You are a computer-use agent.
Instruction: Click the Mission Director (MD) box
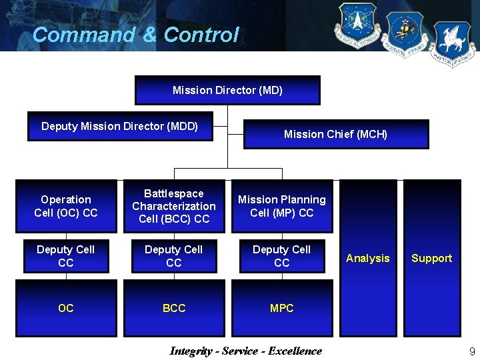(x=227, y=90)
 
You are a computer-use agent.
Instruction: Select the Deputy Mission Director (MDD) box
(x=120, y=127)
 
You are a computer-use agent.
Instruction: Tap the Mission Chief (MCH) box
(x=335, y=134)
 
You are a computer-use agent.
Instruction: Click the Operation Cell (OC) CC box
(x=66, y=206)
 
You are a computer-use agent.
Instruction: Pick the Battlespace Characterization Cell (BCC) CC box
(x=174, y=206)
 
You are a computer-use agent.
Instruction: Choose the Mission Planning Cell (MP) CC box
(x=282, y=206)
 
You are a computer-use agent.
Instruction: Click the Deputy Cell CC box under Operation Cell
(x=66, y=256)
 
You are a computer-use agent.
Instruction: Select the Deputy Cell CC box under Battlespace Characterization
(x=174, y=256)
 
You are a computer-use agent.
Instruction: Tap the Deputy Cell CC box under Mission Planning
(x=282, y=256)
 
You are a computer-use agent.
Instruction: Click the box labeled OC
(x=66, y=308)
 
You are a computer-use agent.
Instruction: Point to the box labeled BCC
(x=174, y=308)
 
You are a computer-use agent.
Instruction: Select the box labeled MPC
(x=282, y=308)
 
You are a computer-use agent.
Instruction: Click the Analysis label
(x=368, y=258)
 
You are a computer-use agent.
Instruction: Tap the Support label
(x=431, y=258)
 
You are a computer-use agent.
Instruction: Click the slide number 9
(x=472, y=351)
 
